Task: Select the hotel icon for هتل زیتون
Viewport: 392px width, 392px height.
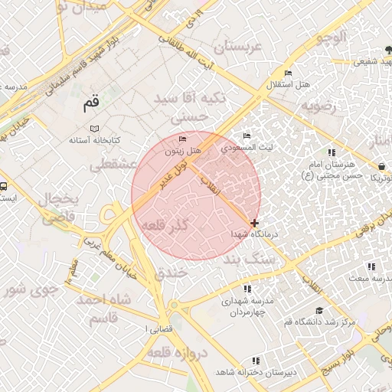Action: pos(182,139)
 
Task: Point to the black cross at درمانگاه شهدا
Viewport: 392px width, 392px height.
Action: pos(254,223)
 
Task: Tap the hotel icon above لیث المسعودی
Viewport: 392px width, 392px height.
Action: pos(247,136)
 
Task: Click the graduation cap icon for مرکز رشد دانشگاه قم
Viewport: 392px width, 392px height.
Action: pos(318,311)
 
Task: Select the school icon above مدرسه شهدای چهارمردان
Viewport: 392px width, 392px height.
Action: pos(247,289)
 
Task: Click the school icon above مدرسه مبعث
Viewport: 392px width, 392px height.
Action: pos(371,266)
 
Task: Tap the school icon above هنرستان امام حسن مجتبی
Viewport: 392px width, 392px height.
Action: pos(331,152)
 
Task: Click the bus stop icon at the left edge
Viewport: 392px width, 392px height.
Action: pos(5,185)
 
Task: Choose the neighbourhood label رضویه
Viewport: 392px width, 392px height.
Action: pos(318,106)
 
